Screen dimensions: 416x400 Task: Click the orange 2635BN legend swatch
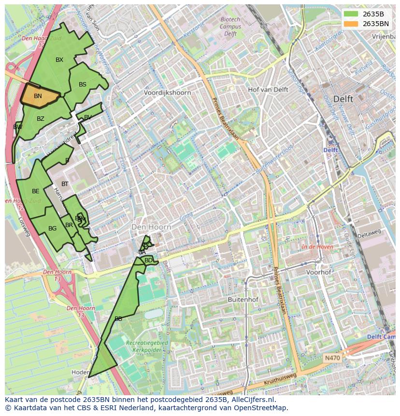click(x=351, y=24)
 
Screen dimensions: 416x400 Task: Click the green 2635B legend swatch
click(x=351, y=14)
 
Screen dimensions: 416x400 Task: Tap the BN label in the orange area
click(x=38, y=96)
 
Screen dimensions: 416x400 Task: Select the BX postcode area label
click(x=59, y=60)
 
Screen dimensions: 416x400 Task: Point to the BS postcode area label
click(x=83, y=85)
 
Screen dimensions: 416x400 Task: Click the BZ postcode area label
click(x=41, y=119)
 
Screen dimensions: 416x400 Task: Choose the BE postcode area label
click(x=36, y=191)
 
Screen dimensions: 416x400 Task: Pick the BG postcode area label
click(x=53, y=229)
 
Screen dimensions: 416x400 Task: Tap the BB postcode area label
click(x=118, y=319)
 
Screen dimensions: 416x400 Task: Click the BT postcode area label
click(x=65, y=184)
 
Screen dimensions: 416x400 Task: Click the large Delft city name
click(x=343, y=99)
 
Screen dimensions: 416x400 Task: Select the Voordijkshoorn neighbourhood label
click(x=168, y=93)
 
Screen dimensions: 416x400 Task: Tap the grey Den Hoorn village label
click(x=152, y=227)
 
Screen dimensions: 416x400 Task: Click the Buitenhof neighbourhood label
click(x=243, y=300)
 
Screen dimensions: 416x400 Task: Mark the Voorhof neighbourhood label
click(x=319, y=272)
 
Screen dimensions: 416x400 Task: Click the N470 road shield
click(x=332, y=358)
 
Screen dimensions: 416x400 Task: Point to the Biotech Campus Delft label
click(x=230, y=27)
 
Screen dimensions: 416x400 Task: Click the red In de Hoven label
click(x=317, y=247)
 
